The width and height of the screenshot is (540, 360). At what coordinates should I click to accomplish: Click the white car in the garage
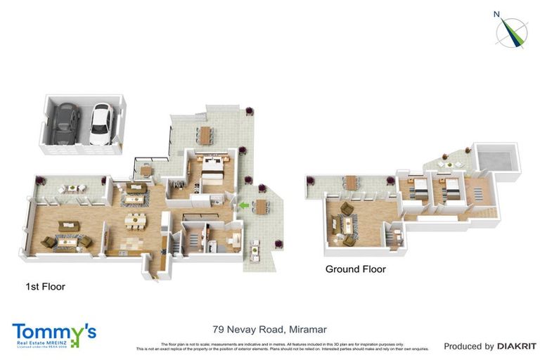(101, 124)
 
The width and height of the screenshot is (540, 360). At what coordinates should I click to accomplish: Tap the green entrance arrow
(244, 205)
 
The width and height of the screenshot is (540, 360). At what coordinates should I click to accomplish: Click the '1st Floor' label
(45, 287)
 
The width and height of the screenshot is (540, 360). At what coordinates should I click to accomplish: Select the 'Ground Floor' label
(355, 269)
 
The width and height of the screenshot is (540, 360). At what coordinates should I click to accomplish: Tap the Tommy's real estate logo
(53, 335)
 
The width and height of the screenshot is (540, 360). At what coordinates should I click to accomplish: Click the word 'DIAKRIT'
(517, 346)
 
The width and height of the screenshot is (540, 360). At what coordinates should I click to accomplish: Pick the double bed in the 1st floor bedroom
(213, 168)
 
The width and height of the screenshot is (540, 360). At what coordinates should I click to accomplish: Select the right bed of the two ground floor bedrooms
(450, 188)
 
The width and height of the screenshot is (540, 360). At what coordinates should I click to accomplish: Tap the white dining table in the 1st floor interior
(134, 221)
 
